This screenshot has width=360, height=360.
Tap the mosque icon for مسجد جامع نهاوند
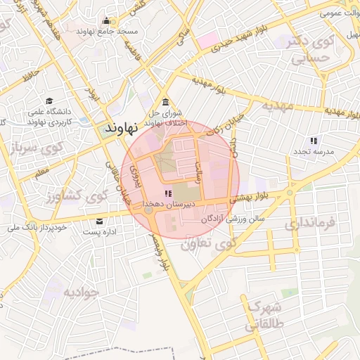click(x=106, y=20)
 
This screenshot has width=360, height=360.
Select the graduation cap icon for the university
click(x=49, y=101)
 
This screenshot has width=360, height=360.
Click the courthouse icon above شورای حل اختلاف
click(x=165, y=102)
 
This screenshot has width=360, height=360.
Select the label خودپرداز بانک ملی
click(x=37, y=228)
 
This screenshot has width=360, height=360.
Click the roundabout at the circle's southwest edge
click(x=148, y=210)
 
